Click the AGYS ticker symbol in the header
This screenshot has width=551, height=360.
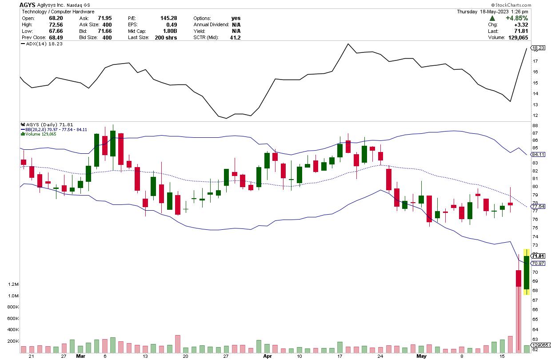point(28,4)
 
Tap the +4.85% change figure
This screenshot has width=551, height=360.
point(518,18)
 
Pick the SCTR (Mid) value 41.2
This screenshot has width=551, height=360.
point(235,38)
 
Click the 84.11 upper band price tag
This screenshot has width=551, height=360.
point(538,154)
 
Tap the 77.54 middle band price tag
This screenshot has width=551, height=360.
point(538,207)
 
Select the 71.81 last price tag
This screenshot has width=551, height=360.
point(538,256)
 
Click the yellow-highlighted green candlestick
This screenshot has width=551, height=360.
point(527,273)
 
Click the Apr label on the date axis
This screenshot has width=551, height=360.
point(267,356)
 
